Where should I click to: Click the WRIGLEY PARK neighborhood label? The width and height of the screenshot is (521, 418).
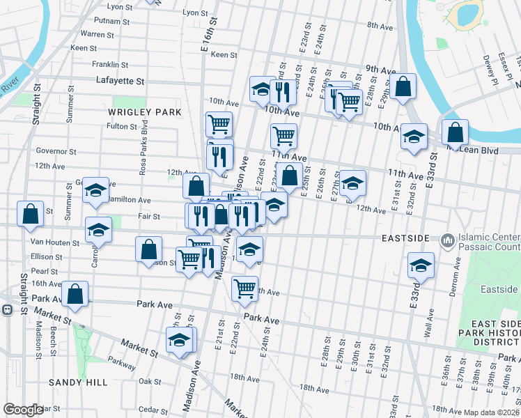144,111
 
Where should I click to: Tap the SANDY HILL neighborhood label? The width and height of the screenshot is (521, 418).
78,382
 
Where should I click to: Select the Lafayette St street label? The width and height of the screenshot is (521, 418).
120,81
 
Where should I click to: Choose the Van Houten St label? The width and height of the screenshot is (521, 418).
56,242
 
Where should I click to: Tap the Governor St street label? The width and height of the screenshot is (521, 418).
56,150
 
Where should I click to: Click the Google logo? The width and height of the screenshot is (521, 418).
23,410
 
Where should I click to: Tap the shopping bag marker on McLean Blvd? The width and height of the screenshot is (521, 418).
455,131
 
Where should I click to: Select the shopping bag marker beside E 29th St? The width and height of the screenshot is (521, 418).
403,87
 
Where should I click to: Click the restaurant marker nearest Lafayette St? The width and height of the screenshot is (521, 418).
283,91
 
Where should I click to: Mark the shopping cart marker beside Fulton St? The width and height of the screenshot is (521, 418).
219,124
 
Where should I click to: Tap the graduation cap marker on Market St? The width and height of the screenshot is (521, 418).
179,340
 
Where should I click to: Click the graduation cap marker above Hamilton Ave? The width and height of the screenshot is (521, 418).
96,189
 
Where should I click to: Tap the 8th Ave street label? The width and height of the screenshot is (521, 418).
381,26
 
